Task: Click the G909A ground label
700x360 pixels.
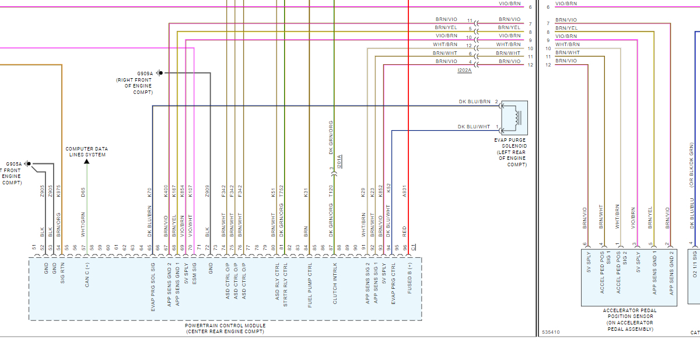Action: (145, 74)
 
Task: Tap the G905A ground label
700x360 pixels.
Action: (14, 164)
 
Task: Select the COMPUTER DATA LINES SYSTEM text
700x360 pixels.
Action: (86, 152)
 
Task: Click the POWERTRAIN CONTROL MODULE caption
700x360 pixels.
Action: (225, 326)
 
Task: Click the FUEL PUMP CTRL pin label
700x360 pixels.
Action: (310, 285)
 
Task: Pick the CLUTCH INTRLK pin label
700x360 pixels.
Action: (334, 285)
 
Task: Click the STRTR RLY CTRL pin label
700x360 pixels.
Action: (285, 285)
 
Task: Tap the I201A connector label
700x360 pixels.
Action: (340, 161)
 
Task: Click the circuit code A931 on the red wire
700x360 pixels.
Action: (404, 190)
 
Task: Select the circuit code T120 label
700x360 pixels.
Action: (330, 190)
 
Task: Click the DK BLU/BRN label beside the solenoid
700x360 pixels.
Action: (475, 102)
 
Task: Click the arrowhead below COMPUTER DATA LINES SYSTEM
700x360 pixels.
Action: (86, 161)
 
